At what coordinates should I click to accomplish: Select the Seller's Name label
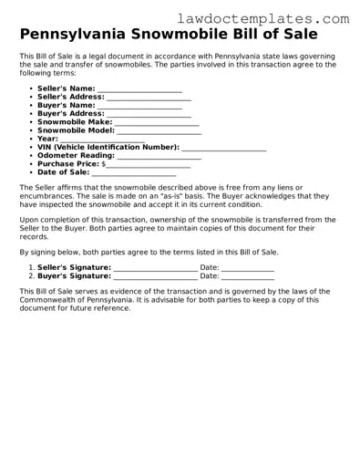click(67, 88)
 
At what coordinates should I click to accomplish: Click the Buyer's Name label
click(66, 106)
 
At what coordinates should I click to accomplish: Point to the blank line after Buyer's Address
click(149, 114)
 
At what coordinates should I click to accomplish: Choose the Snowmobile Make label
click(75, 122)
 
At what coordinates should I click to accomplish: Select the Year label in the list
click(48, 139)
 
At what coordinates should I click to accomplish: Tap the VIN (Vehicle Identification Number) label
click(108, 147)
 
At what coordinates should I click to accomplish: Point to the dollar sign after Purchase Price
click(104, 164)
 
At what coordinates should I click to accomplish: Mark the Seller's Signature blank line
click(154, 268)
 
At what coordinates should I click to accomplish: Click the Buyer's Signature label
click(74, 275)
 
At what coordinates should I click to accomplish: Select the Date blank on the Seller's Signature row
click(247, 268)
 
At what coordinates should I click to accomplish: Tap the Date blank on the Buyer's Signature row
click(247, 276)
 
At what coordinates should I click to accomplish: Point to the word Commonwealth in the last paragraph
click(56, 300)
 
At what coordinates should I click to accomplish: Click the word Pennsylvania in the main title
click(79, 36)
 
